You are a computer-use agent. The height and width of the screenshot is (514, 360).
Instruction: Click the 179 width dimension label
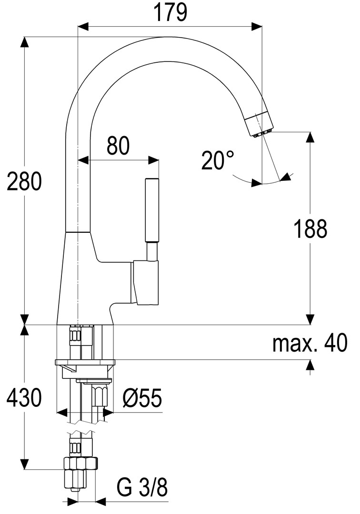click(x=170, y=12)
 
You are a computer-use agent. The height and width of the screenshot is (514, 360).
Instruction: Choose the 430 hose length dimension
click(x=24, y=397)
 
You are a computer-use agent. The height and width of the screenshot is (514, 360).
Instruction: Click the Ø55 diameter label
click(x=143, y=398)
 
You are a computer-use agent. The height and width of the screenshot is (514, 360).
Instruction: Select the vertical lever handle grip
click(x=152, y=210)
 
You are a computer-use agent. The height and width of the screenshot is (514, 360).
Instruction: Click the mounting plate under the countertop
click(x=85, y=362)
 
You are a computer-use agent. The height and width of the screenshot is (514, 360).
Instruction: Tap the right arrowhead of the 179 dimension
click(x=257, y=27)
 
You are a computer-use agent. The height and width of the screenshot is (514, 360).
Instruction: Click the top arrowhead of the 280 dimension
click(x=24, y=43)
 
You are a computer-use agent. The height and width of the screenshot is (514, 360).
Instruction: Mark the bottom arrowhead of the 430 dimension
click(x=24, y=464)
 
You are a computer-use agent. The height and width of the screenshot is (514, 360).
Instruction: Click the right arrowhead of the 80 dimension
click(x=153, y=160)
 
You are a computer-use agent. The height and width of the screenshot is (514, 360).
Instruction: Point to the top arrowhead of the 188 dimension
click(x=310, y=138)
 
